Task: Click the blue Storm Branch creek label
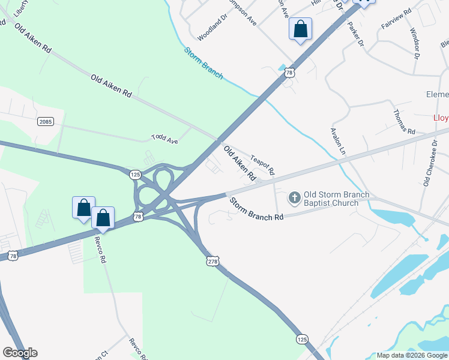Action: point(203,63)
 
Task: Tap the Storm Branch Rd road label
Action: point(256,208)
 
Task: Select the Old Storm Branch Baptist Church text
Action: point(336,199)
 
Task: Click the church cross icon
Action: point(294,197)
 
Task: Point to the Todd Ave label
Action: point(165,139)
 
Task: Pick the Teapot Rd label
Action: point(263,163)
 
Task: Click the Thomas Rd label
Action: point(404,122)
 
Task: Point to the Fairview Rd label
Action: point(396,19)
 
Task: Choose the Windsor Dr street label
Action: point(414,43)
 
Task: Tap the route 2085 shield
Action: point(46,121)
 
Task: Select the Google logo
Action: point(20,353)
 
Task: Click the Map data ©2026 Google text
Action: point(411,355)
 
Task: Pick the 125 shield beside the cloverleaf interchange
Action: point(134,174)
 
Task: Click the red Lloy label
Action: point(441,118)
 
